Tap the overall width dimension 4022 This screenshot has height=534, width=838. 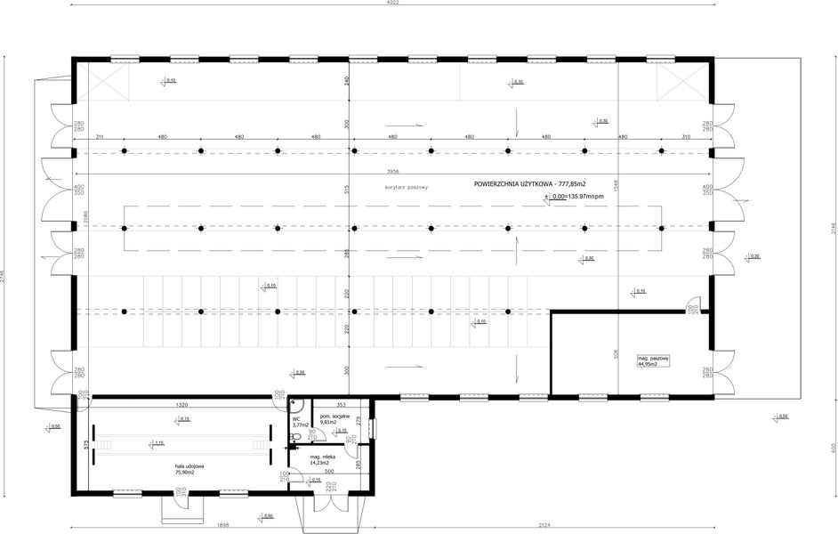click(x=393, y=4)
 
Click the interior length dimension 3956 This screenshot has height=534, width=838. click(x=392, y=170)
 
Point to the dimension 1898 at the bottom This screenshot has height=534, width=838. click(x=223, y=524)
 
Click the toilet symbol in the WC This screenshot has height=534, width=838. click(x=296, y=437)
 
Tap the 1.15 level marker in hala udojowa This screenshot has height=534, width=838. click(x=158, y=442)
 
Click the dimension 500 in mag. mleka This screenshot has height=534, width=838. click(x=329, y=471)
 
